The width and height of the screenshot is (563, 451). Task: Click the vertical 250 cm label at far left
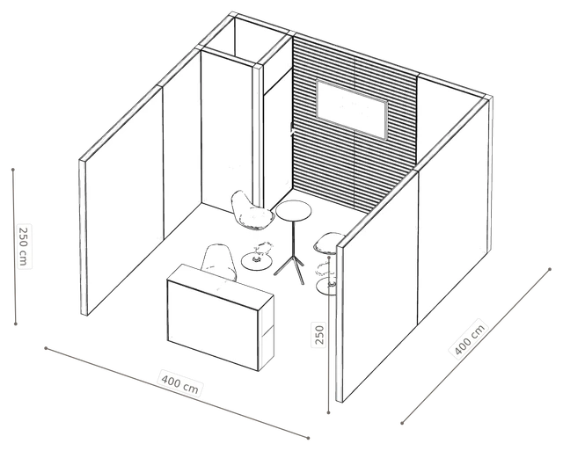tap(24, 246)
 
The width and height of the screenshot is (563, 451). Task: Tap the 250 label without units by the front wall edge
tap(318, 334)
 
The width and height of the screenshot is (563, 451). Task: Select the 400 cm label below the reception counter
tap(179, 383)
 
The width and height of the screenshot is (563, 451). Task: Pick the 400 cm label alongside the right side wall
tap(469, 338)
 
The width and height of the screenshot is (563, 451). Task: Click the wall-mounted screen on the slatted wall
tap(352, 109)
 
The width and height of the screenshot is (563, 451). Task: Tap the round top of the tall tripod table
tap(293, 211)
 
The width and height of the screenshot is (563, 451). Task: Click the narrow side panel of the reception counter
tap(267, 334)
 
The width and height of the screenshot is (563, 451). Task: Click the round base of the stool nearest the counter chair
tap(256, 262)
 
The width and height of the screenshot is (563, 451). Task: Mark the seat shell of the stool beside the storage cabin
tap(251, 212)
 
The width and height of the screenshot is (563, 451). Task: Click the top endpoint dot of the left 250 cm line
tap(13, 170)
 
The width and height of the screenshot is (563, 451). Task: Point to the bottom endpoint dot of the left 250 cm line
tap(16, 324)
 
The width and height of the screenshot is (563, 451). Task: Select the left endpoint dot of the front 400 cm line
tap(46, 347)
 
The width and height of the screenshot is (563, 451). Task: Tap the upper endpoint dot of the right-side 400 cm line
tap(550, 269)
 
